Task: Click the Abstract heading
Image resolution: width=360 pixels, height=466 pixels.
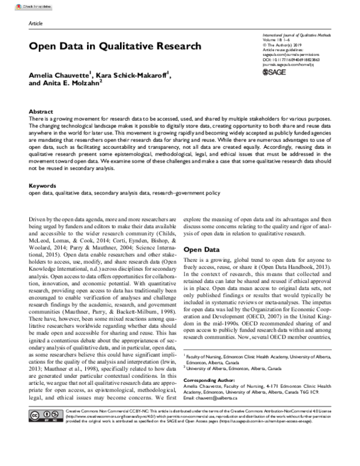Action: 40,112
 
